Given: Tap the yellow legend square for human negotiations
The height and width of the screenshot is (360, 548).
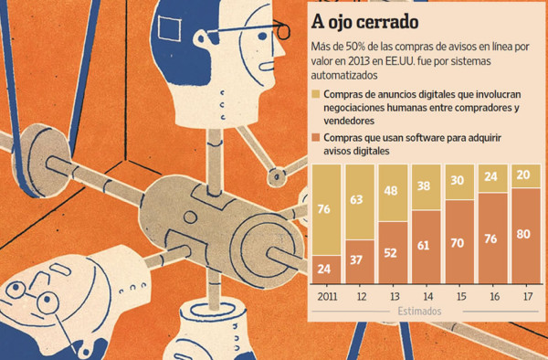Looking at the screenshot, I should [316, 94].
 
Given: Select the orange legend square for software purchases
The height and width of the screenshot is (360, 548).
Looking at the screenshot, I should [316, 137].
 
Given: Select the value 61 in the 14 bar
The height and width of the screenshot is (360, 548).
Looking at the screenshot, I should [426, 245].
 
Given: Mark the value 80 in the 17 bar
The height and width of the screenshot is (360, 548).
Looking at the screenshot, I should [525, 235].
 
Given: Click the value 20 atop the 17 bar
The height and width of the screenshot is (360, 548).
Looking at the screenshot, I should [525, 175].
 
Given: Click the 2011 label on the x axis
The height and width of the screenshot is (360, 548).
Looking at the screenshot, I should [326, 297].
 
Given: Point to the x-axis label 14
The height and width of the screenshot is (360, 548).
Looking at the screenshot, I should [426, 297].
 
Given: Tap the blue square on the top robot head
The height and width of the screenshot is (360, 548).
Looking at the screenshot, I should [171, 30].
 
